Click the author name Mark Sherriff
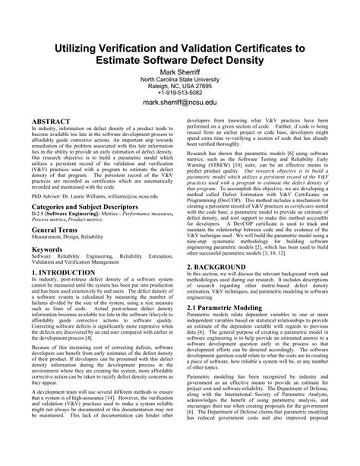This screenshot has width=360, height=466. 180,68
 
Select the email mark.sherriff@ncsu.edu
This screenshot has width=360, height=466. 180,100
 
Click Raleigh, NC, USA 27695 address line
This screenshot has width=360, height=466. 180,84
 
